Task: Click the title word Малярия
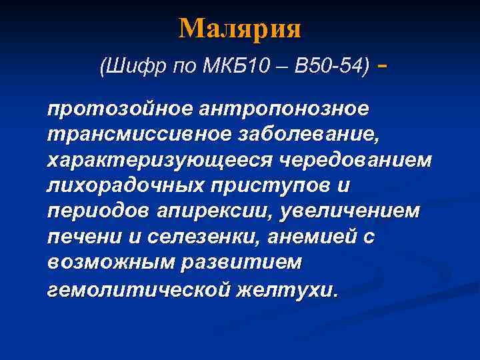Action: coord(240,29)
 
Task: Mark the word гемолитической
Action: coord(139,289)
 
